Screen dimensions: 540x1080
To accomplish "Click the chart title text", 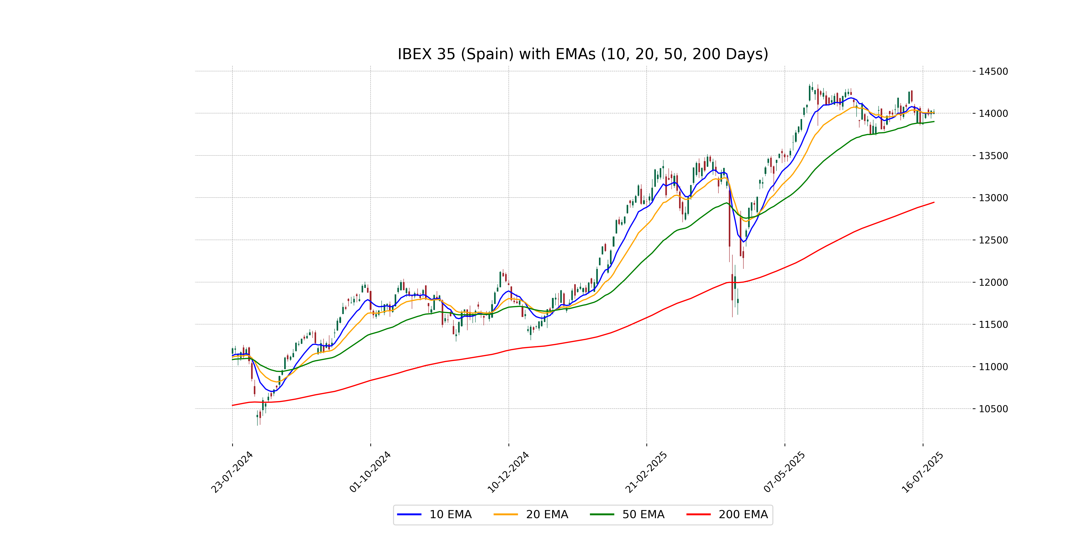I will click(x=583, y=54).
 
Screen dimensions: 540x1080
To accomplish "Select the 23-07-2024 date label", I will click(x=232, y=472).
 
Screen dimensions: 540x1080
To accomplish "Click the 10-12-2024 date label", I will click(x=508, y=472).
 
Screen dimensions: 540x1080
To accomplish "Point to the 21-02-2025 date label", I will click(x=646, y=472).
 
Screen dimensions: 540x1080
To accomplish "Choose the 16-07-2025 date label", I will click(x=922, y=472).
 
